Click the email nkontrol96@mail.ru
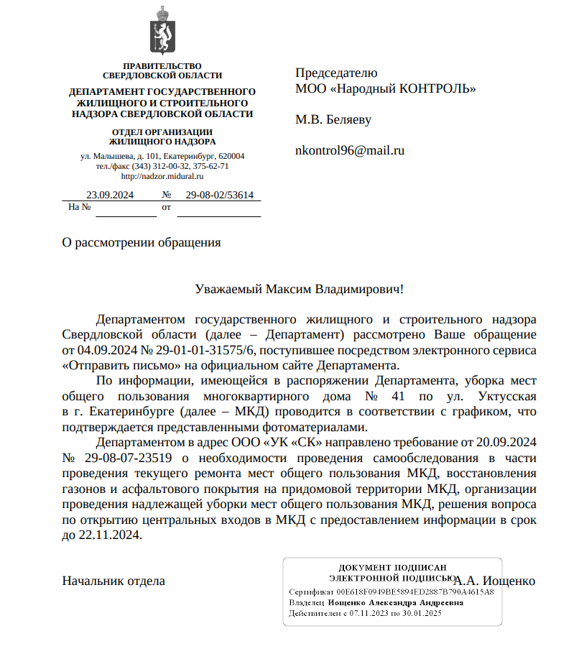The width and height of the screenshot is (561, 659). pos(350,151)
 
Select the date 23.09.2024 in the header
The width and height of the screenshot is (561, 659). pos(110,195)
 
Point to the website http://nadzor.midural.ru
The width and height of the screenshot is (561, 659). pos(162,176)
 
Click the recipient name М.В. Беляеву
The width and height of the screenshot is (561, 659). pos(333,119)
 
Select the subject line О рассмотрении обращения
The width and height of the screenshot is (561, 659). pos(142,242)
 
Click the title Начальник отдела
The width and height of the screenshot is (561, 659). pos(113,581)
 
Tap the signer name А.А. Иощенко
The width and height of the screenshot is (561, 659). pos(496,581)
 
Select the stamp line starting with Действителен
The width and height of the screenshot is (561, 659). pos(365,614)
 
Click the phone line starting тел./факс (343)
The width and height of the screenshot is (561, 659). pos(162,166)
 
